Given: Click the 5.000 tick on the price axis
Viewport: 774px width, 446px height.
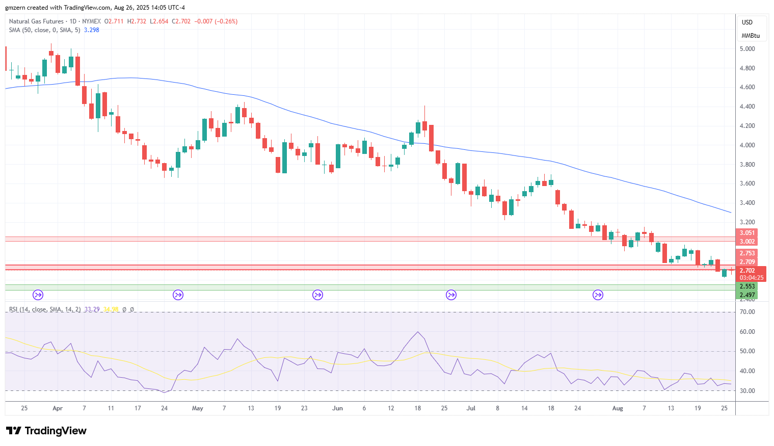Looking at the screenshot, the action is pyautogui.click(x=747, y=49).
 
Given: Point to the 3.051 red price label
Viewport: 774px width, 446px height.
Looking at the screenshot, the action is pyautogui.click(x=747, y=232).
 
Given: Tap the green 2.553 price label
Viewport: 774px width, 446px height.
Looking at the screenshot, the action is pyautogui.click(x=747, y=286).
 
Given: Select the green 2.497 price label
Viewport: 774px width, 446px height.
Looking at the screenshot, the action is pyautogui.click(x=747, y=295).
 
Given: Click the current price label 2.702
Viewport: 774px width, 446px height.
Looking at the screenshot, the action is pyautogui.click(x=747, y=270).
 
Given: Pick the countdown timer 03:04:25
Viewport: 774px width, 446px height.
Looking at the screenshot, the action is pyautogui.click(x=751, y=278).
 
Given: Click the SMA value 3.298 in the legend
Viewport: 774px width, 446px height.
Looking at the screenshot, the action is pyautogui.click(x=92, y=30).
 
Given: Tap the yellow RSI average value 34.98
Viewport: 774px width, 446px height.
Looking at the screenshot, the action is pyautogui.click(x=111, y=309).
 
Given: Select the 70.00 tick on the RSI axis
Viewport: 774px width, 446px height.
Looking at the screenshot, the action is pyautogui.click(x=747, y=312).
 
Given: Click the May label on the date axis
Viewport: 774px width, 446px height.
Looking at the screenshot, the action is pyautogui.click(x=198, y=408).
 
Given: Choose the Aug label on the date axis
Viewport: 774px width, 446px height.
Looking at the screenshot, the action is pyautogui.click(x=618, y=408).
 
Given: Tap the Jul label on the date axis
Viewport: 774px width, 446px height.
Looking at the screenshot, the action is pyautogui.click(x=471, y=408).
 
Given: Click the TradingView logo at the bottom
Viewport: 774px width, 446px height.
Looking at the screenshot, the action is pyautogui.click(x=46, y=431).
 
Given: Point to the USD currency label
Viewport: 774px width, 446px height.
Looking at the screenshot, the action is pyautogui.click(x=747, y=22).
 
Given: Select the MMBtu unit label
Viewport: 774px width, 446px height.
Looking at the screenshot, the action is pyautogui.click(x=751, y=36).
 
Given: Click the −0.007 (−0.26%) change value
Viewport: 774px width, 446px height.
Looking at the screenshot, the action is pyautogui.click(x=216, y=21).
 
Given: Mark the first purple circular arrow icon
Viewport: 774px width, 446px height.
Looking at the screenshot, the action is pyautogui.click(x=38, y=295).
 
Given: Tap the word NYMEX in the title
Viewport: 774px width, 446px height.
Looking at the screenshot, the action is pyautogui.click(x=92, y=21).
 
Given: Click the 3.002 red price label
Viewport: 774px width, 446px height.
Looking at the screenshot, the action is pyautogui.click(x=747, y=241).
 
